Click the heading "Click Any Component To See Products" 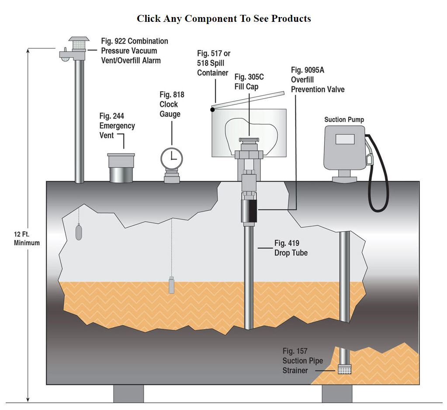224,18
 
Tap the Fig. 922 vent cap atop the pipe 79,44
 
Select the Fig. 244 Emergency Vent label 117,126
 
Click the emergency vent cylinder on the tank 121,168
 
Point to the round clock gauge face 171,157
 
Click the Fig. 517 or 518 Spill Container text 214,63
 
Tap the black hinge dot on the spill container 212,110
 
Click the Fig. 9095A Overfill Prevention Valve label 318,80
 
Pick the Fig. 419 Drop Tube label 291,248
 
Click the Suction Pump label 344,119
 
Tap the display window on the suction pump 344,139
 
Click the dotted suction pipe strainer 344,370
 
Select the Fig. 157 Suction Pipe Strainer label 302,361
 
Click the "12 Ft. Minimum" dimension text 27,238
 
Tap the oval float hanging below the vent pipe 79,232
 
